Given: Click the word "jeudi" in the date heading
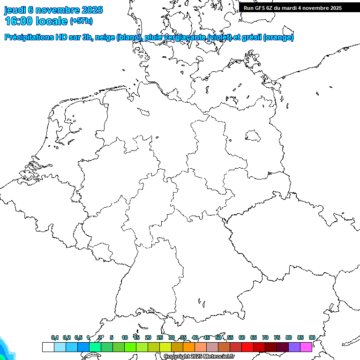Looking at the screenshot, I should (15, 10).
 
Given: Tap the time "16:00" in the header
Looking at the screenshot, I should (19, 21).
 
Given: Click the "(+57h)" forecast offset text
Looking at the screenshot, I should (81, 21).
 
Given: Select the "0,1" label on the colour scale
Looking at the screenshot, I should (55, 337).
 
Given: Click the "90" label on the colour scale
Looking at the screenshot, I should (312, 337).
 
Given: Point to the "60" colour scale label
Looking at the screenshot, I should (242, 337).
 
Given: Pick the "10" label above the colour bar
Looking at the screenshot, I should (125, 337).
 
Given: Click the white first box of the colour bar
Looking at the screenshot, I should (48, 347).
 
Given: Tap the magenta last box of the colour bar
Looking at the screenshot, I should (306, 347).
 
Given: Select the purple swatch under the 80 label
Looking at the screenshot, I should (294, 347).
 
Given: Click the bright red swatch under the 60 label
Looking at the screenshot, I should (247, 347).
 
